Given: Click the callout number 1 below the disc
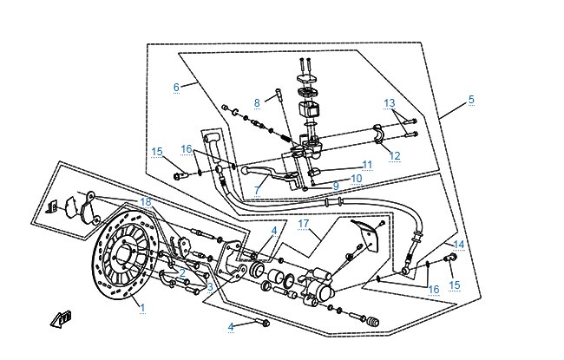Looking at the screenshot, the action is click(142, 308).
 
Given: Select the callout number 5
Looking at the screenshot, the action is click(471, 99).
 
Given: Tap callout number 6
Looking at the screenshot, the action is click(176, 87).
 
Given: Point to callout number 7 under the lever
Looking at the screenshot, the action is click(257, 190).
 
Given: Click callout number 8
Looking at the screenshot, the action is click(257, 103).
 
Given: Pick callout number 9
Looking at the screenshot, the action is click(336, 186).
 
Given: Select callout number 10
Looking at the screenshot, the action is click(356, 179).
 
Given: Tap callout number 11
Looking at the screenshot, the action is click(367, 165).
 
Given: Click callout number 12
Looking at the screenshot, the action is click(395, 156).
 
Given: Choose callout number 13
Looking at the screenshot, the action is click(390, 103).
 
